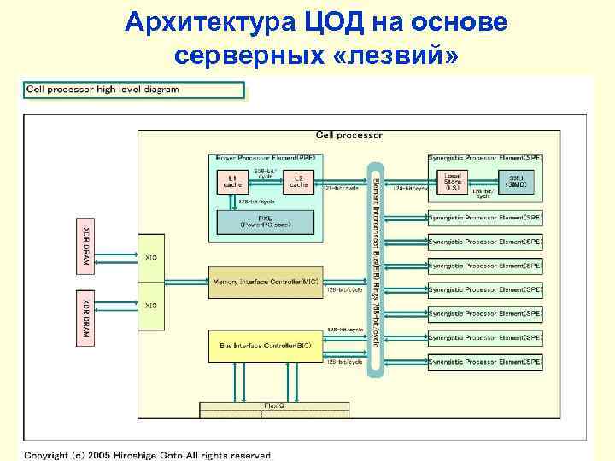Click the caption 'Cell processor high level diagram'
103,90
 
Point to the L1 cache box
232,181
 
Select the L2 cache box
298,181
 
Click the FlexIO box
273,406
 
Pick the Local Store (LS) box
452,181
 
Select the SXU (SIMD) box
517,181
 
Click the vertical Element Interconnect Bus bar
374,256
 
